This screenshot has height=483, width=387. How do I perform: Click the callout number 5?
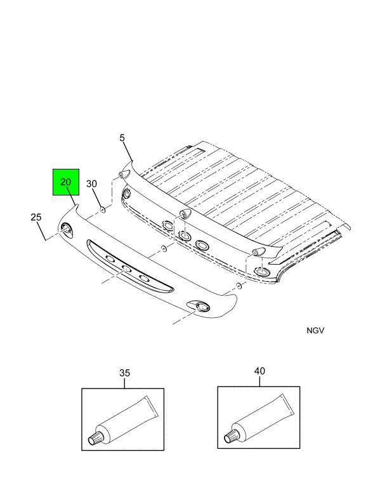coord(122,138)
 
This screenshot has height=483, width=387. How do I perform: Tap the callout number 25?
coord(36,218)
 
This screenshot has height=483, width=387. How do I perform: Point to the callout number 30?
coord(91,184)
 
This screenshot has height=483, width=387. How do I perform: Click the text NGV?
coord(315,331)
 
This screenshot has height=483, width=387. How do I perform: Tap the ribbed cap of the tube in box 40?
coord(233,437)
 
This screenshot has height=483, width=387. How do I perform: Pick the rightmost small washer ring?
coord(239,287)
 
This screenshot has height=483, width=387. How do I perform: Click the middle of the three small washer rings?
coord(163,248)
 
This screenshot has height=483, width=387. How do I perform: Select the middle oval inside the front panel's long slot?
coord(127,269)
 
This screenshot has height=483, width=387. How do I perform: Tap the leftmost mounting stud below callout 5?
coord(122,174)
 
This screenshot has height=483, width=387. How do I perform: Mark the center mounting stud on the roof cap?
coord(183,213)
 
